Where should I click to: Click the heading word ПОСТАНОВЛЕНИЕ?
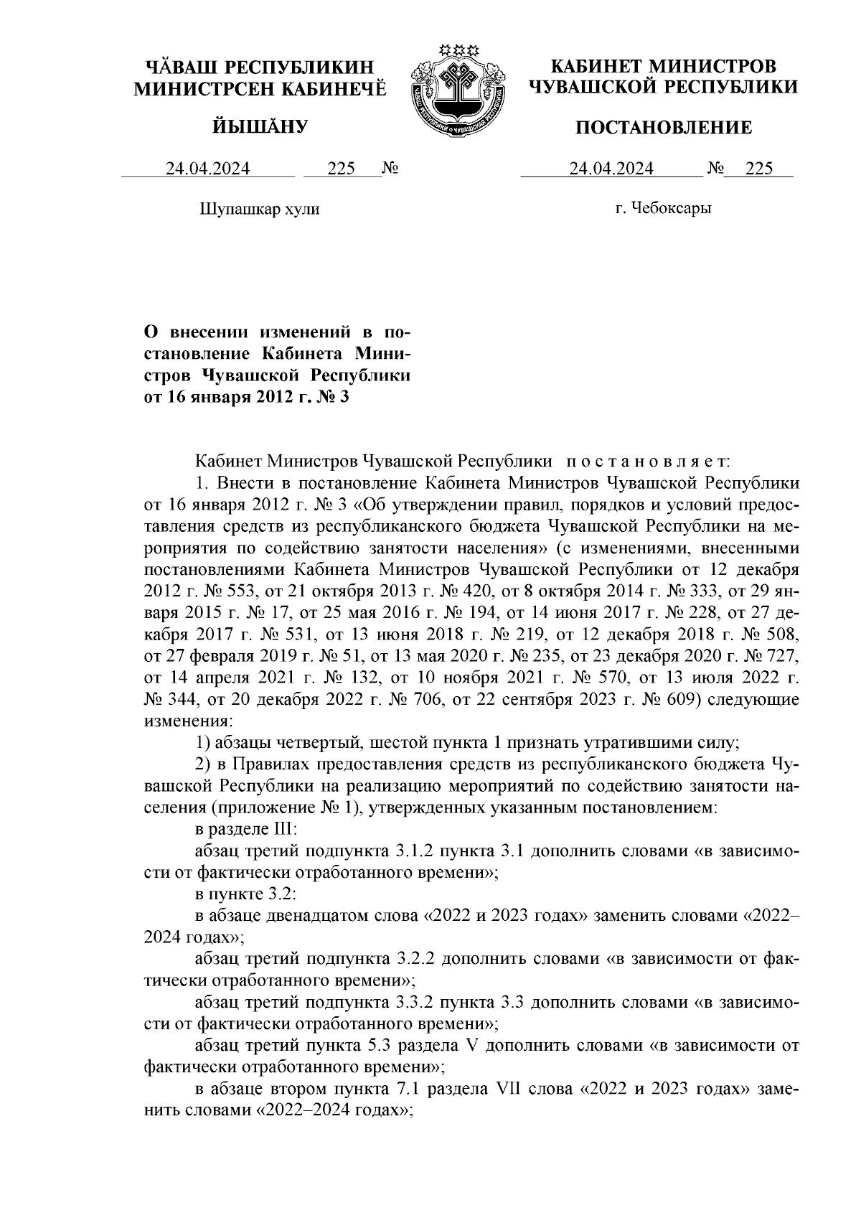[x=664, y=128]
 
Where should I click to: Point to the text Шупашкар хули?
[x=258, y=209]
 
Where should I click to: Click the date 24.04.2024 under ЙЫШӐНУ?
[x=208, y=169]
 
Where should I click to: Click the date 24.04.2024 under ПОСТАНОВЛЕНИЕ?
[x=611, y=169]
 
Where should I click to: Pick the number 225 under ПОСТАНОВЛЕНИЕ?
[x=759, y=169]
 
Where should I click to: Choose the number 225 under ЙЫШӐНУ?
[x=342, y=169]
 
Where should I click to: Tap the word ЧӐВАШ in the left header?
[x=180, y=67]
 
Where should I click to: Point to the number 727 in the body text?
[x=780, y=657]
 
